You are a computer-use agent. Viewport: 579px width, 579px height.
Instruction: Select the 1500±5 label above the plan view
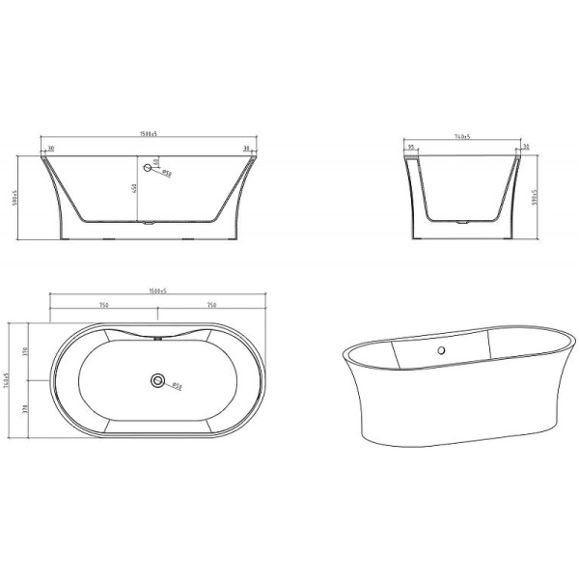[x=151, y=290]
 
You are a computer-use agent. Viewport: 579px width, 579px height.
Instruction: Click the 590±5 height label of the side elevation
[x=538, y=199]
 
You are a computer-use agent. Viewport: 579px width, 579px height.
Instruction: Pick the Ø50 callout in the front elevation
[x=165, y=174]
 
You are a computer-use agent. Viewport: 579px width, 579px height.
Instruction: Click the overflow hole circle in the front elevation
[x=148, y=168]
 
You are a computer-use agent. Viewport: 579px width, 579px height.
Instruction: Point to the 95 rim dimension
[x=411, y=149]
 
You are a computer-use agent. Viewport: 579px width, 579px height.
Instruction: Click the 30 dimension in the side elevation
[x=525, y=149]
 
